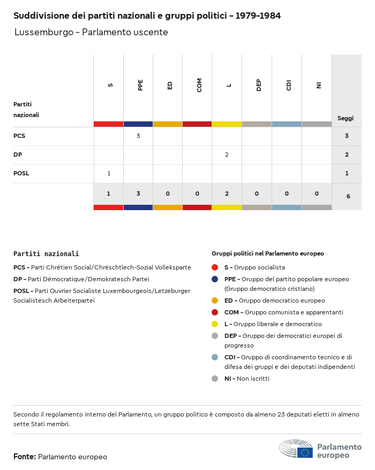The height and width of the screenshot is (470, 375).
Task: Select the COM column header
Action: pos(199,85)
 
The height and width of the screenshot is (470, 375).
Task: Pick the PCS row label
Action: pos(19,136)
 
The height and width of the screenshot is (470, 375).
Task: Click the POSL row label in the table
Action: pos(21,173)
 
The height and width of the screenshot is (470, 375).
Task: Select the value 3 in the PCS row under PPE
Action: pos(138,136)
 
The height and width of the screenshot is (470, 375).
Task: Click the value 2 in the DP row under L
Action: pos(227,155)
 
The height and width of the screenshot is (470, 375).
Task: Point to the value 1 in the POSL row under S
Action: pos(109,173)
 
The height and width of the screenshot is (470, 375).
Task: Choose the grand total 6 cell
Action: pos(348,196)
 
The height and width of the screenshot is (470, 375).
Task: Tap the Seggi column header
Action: pos(346,118)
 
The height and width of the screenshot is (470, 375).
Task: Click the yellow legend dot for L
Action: pos(215,324)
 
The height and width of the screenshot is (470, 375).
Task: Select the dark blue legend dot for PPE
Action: pos(215,279)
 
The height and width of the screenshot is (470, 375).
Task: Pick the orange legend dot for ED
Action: pos(215,301)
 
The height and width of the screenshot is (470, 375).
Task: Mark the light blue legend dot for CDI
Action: pos(215,357)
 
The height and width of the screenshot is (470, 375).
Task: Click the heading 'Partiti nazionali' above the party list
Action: pos(46,254)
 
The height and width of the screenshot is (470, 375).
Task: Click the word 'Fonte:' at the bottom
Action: pos(25,457)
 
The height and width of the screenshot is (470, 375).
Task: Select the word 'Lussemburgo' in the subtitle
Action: pos(43,33)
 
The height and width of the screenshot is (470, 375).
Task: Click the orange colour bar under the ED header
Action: pos(168,124)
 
